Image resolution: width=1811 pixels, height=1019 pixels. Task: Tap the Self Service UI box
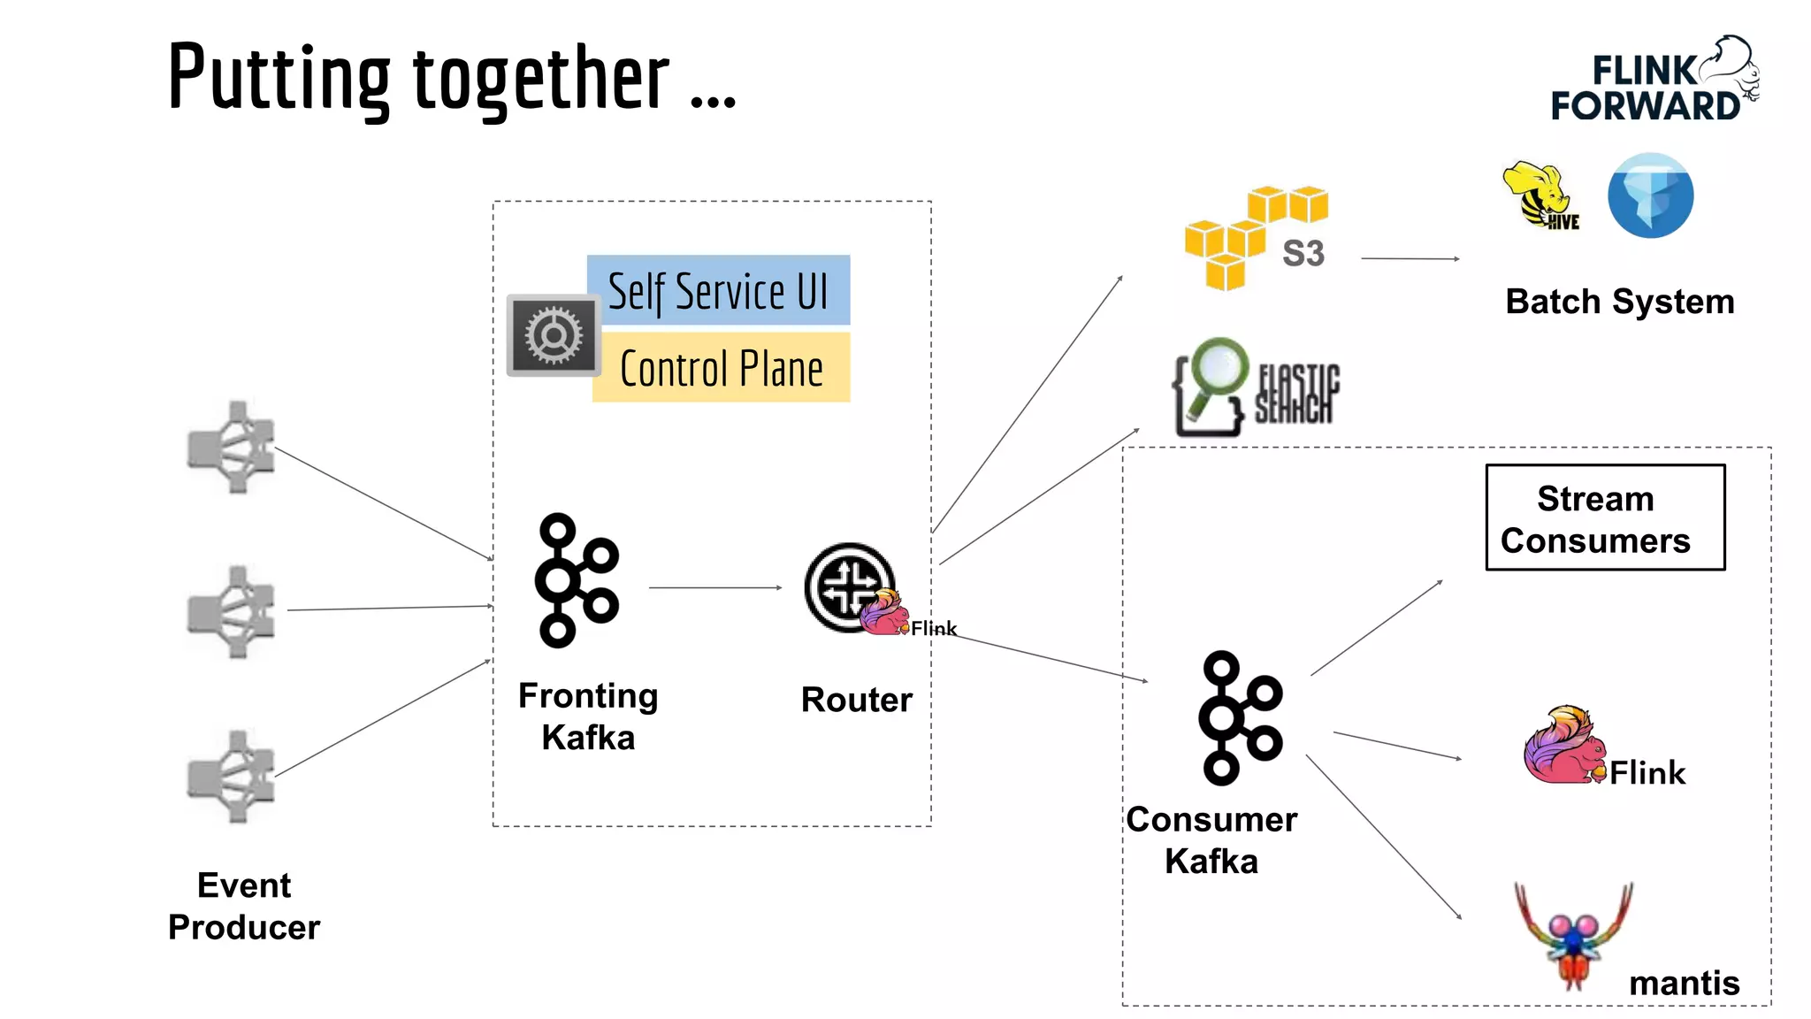(x=718, y=291)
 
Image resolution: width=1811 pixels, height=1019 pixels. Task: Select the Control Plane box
(x=721, y=368)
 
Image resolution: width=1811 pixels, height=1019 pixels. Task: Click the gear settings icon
(x=554, y=335)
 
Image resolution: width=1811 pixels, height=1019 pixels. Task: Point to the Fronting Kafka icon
(x=576, y=580)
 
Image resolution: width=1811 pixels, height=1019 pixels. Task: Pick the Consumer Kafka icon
(x=1240, y=718)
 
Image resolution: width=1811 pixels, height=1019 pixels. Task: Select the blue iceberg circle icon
(x=1650, y=195)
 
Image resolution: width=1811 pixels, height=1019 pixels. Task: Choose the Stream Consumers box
(x=1605, y=518)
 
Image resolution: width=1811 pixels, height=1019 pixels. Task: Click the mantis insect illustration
(x=1574, y=938)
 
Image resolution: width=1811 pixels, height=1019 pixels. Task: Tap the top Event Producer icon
(x=233, y=447)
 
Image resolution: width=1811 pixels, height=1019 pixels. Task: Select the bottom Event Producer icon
(x=233, y=777)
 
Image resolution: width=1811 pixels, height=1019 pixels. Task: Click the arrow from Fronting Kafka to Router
(x=714, y=587)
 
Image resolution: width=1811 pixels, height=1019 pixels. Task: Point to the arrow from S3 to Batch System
(x=1410, y=258)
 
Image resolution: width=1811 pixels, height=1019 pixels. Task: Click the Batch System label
(x=1619, y=302)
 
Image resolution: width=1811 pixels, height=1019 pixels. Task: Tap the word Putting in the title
(x=279, y=79)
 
